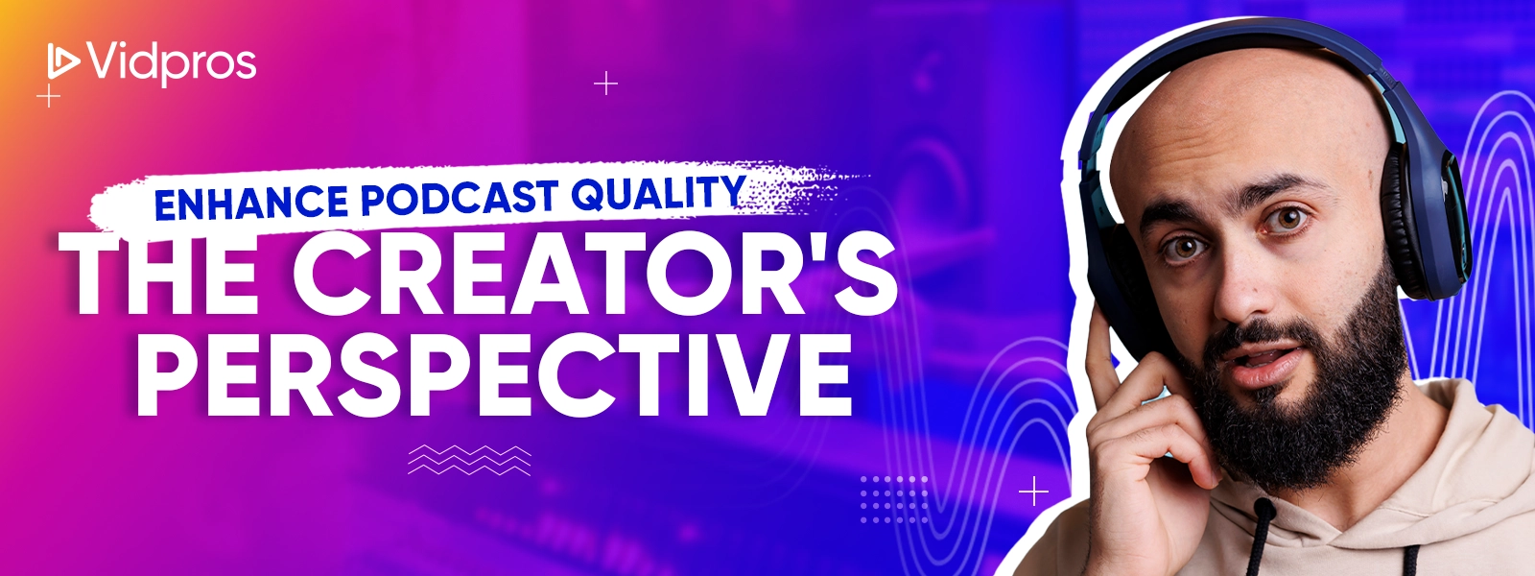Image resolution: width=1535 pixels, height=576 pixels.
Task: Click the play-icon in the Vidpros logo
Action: tap(63, 60)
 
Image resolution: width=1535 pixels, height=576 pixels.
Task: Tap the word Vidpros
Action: tap(172, 63)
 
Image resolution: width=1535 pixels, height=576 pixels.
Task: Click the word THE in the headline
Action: tap(162, 275)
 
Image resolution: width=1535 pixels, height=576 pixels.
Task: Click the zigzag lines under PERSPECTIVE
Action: tap(469, 460)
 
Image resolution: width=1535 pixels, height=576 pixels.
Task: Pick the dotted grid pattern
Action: tap(893, 499)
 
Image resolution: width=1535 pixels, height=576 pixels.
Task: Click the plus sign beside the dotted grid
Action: tap(1033, 492)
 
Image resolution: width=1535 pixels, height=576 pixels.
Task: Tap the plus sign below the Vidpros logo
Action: tap(49, 96)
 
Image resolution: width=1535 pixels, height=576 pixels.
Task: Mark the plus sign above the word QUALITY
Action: tap(605, 84)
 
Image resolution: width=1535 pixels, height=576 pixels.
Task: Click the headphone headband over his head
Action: tap(1234, 52)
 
